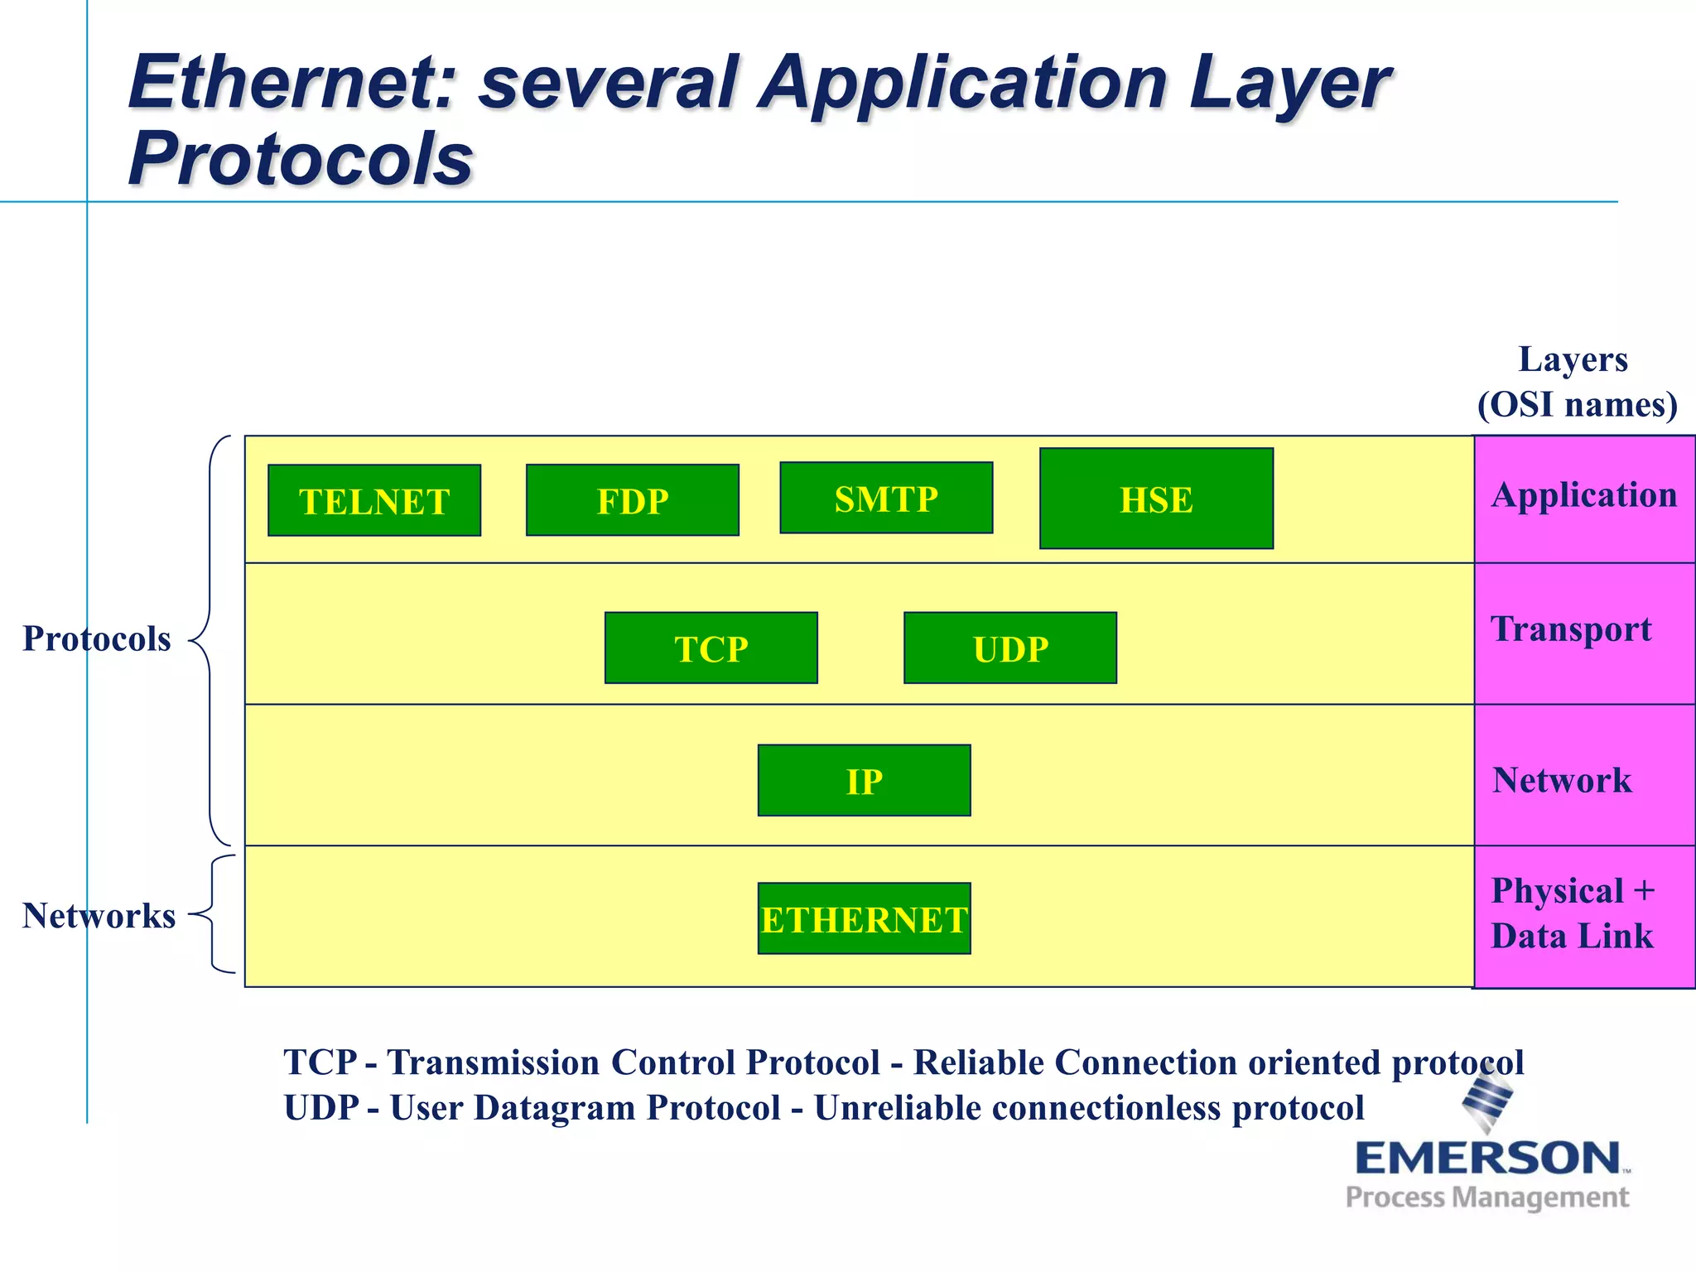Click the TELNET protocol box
[374, 500]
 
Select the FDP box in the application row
[632, 500]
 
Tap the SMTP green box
[886, 498]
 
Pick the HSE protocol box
[1156, 499]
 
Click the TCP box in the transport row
[711, 648]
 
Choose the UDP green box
[1009, 648]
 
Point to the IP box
[864, 780]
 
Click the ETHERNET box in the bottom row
[864, 918]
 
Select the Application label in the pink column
[1583, 495]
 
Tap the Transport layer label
[1571, 629]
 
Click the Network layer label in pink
[1562, 780]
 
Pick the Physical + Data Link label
[1572, 913]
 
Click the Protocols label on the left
[96, 638]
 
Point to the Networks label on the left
[99, 915]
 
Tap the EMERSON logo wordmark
[1487, 1158]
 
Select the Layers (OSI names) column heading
[1576, 382]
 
